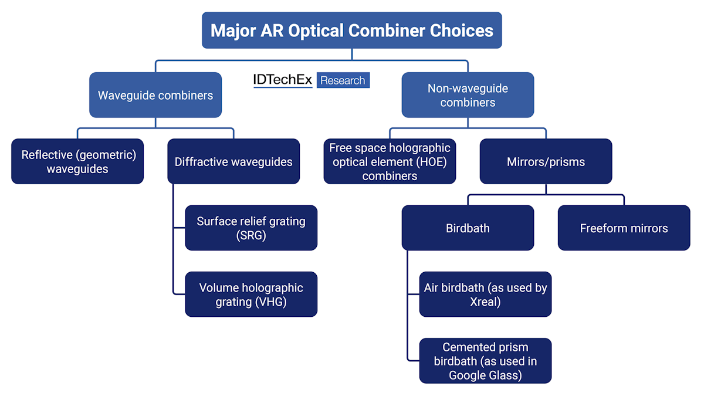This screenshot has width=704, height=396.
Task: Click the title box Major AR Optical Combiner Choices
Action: point(352,30)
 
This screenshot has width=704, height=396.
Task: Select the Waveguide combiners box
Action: point(155,95)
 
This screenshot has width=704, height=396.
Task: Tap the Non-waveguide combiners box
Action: point(468,95)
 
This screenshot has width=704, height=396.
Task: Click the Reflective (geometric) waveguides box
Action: point(77,161)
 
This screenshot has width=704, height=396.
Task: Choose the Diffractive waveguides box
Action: point(233,161)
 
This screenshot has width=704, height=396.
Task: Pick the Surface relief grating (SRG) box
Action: point(251,228)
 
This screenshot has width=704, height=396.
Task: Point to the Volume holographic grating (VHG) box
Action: point(251,294)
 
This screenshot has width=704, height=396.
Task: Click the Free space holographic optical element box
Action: point(390,161)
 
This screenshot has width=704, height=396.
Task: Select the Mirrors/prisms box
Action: point(546,161)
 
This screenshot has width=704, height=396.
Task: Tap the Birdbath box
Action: point(468,228)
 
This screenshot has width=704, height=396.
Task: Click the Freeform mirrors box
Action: point(624,228)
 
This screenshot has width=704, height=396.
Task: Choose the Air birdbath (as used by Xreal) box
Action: point(485,294)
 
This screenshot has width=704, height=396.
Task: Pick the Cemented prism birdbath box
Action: point(485,360)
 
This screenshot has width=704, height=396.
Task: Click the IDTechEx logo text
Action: point(283,80)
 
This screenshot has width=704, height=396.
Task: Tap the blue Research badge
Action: point(343,80)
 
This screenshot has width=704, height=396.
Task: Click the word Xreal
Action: point(485,302)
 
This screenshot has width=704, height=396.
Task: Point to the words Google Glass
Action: point(485,375)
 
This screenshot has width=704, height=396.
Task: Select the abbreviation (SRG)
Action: point(251,235)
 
